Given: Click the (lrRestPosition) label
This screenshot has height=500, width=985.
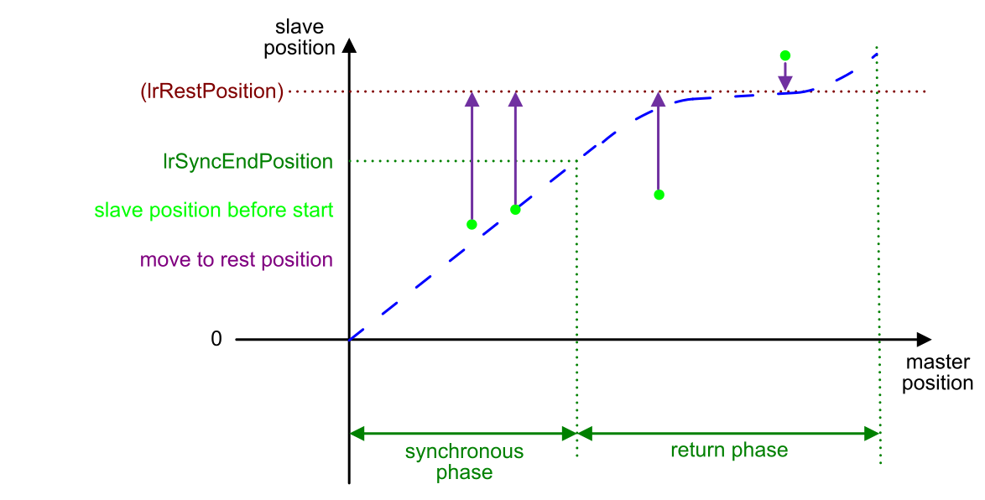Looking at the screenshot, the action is (211, 91).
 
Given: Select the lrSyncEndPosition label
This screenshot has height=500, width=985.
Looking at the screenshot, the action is (248, 161).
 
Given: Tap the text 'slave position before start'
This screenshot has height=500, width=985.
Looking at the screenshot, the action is (214, 210).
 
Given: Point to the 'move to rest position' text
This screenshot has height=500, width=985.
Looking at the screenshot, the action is (237, 259).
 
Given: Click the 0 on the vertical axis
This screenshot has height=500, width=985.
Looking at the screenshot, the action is (216, 339).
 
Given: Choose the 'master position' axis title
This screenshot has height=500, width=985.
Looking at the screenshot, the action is (937, 372).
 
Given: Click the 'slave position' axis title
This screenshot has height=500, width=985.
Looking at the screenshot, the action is (299, 37).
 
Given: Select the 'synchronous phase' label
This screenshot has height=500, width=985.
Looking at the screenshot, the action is (464, 461).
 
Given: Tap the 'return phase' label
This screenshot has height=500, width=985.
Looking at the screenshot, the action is (729, 451).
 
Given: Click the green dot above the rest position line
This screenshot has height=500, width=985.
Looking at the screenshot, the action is (784, 56).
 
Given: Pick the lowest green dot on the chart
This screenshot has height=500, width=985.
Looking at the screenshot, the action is (472, 225).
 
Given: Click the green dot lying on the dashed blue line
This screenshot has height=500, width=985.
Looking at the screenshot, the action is (515, 210).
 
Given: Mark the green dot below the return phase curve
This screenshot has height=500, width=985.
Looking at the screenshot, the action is (659, 195).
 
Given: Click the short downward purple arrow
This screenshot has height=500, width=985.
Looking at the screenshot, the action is (784, 76).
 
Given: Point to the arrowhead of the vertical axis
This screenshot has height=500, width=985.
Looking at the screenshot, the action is (349, 45).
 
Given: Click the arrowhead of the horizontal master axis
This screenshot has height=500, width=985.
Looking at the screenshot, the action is (924, 340).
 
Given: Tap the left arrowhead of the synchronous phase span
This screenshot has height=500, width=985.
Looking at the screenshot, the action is (357, 434).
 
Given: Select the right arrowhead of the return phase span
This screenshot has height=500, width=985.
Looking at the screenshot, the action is (872, 434).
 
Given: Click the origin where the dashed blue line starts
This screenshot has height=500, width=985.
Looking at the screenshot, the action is (349, 340).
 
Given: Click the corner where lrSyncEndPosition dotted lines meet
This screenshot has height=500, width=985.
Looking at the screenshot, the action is (576, 161).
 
